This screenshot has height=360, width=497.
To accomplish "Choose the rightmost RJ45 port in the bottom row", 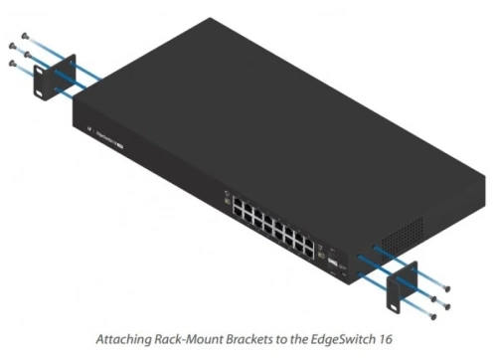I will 310,248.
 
